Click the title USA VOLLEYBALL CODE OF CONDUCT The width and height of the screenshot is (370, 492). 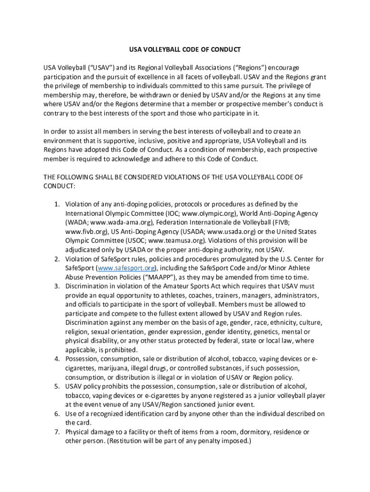tap(185, 50)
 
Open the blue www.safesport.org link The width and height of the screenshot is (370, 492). tap(127, 268)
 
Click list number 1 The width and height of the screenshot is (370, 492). tap(56, 204)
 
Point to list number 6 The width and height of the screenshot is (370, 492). tap(56, 414)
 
